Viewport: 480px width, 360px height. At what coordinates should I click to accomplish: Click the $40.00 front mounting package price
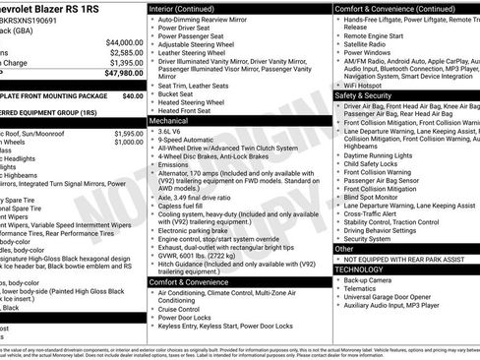coord(132,96)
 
